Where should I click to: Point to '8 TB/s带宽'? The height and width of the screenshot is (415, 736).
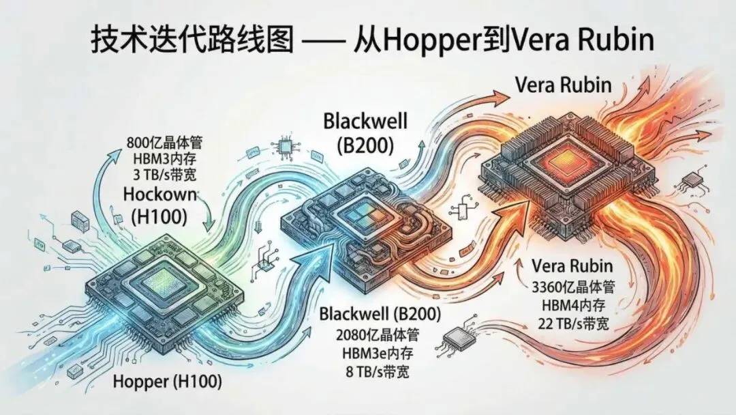coord(380,373)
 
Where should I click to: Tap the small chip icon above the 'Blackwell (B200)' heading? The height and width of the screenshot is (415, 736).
coord(281,147)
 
